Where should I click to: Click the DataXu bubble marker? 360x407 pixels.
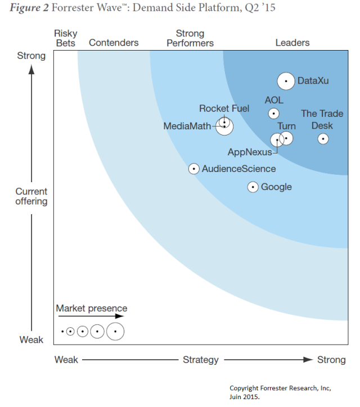click(x=286, y=81)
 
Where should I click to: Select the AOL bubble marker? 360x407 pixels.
click(x=273, y=113)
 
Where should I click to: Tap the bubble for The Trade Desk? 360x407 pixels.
click(x=323, y=138)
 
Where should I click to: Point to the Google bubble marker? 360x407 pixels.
click(x=253, y=187)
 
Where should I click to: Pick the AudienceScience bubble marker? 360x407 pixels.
click(x=193, y=168)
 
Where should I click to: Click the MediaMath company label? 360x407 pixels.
click(x=187, y=126)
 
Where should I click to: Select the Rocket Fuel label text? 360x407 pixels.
click(x=224, y=108)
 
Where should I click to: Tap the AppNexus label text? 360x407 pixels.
click(x=249, y=152)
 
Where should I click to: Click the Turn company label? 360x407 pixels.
click(x=286, y=126)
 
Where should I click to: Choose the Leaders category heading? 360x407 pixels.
click(x=292, y=43)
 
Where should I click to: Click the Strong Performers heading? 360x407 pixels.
click(x=190, y=38)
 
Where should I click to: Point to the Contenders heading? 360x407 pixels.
click(x=114, y=43)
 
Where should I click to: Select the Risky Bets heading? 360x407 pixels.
click(x=66, y=38)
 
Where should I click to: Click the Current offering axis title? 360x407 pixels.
click(x=31, y=196)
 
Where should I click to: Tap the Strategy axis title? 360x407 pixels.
click(x=200, y=360)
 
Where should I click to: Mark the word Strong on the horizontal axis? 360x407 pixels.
click(x=331, y=360)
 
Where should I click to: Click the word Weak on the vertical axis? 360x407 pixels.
click(x=31, y=340)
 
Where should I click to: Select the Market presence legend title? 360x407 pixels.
click(x=91, y=308)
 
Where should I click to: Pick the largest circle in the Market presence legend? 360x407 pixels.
click(x=115, y=332)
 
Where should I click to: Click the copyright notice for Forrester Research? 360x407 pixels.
click(x=280, y=392)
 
